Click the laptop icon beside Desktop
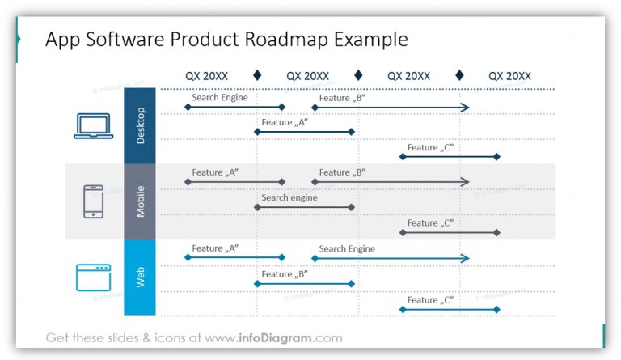click(x=93, y=126)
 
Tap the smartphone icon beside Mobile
click(x=94, y=201)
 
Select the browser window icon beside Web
click(x=93, y=277)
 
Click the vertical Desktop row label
click(x=139, y=126)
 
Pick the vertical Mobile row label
click(x=139, y=202)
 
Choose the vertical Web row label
click(x=139, y=277)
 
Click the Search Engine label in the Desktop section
click(x=219, y=97)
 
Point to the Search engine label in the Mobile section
click(x=289, y=197)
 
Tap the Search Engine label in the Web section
click(x=347, y=248)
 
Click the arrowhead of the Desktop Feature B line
click(x=464, y=107)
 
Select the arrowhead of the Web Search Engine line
click(x=464, y=258)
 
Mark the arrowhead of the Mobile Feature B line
click(x=464, y=182)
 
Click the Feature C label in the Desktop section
click(x=430, y=147)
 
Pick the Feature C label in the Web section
click(x=430, y=299)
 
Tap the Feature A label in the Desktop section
click(x=285, y=122)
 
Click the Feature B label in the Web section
click(x=285, y=273)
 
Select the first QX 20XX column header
click(x=206, y=76)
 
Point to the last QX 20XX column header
click(x=509, y=76)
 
